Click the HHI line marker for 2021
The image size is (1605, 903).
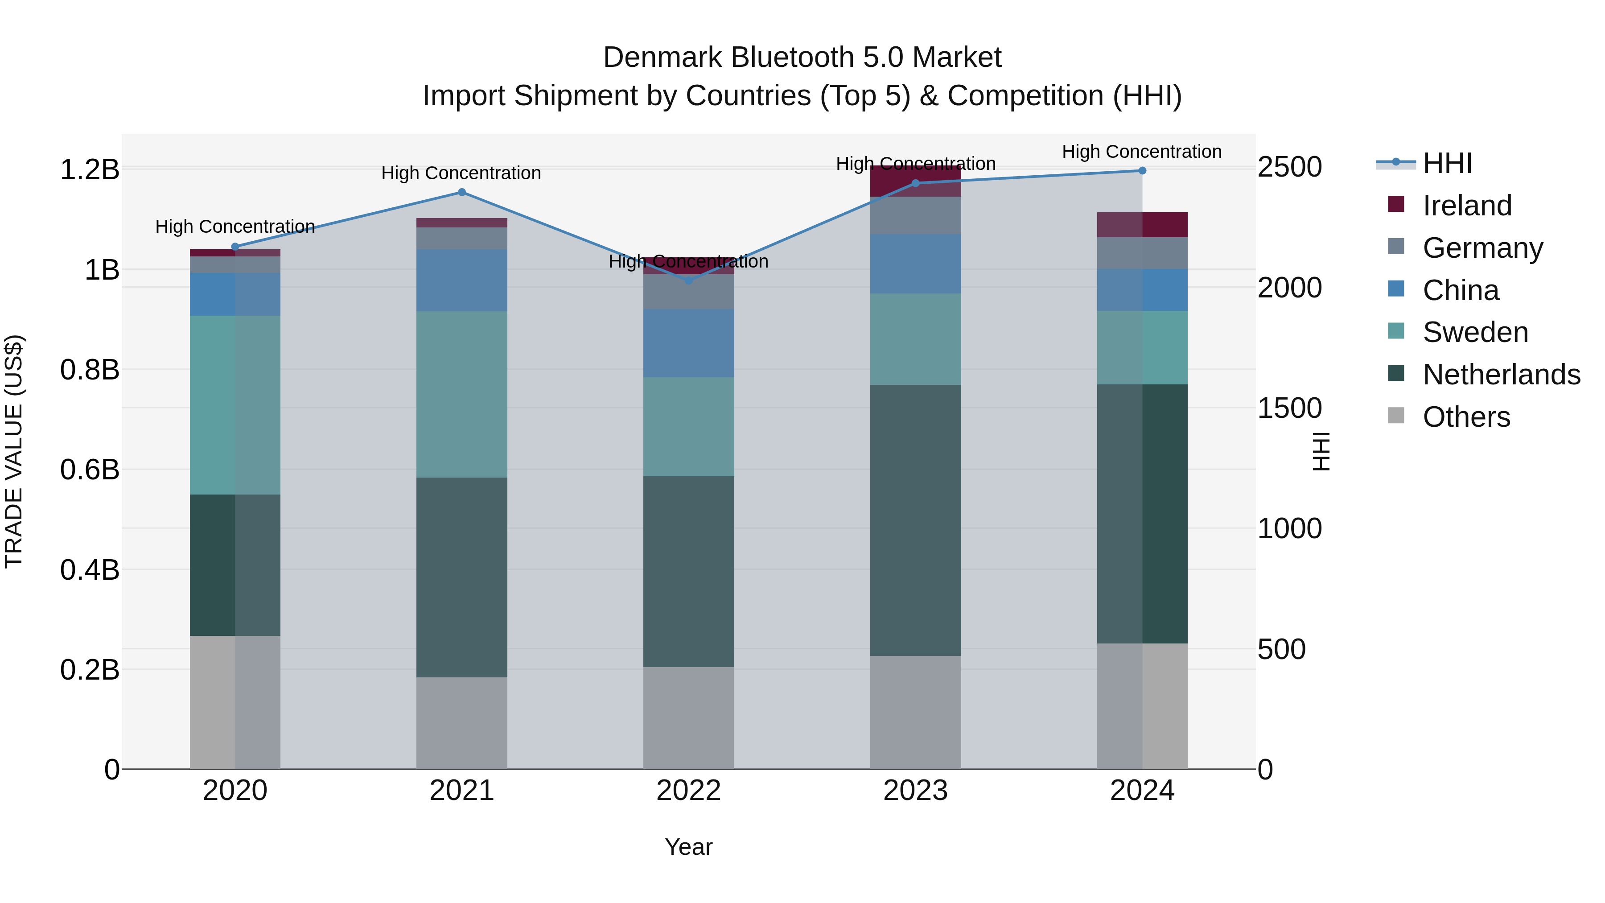[x=462, y=192]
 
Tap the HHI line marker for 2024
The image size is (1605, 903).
[x=1142, y=170]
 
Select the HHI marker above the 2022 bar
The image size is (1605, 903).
[x=688, y=281]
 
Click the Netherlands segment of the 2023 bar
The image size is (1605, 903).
[x=915, y=520]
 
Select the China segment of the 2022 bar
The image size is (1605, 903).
[x=688, y=343]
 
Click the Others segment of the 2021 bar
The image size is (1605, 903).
[x=462, y=723]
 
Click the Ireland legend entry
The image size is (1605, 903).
[x=1467, y=206]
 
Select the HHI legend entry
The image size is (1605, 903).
[x=1447, y=163]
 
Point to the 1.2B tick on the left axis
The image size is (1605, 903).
[x=90, y=169]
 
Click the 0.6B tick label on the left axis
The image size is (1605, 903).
[x=90, y=469]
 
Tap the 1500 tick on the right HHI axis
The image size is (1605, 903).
[x=1289, y=408]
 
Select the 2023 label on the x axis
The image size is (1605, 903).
[x=915, y=791]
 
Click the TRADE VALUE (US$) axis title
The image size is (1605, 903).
[x=14, y=451]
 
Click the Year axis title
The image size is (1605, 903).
[x=688, y=847]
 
